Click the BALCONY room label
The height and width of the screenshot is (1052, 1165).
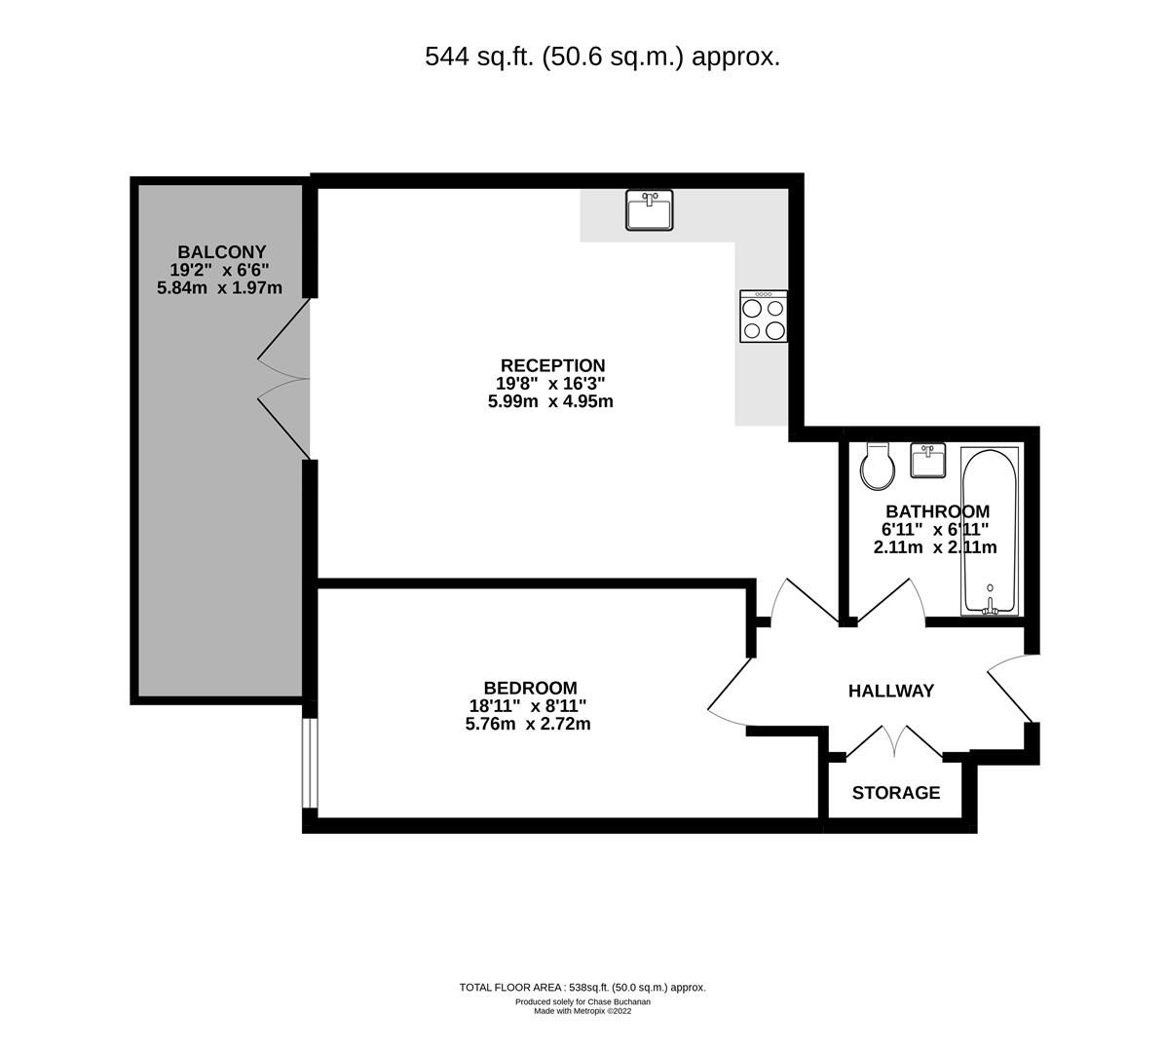pos(221,251)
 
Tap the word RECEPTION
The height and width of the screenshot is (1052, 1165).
pos(552,366)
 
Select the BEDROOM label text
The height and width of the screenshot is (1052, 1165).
pos(530,688)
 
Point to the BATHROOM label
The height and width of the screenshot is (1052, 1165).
pos(937,511)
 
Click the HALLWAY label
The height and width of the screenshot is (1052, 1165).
pos(890,691)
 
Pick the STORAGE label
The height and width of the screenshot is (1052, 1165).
pos(895,793)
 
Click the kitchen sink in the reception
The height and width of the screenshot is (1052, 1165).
pos(649,210)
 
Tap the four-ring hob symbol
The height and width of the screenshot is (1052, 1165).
pos(764,317)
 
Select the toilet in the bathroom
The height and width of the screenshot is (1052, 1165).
pos(878,468)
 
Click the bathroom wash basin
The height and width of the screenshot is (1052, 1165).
pos(928,460)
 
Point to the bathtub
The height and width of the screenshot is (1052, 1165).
pos(990,531)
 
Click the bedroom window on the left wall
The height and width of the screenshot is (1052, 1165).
pos(308,764)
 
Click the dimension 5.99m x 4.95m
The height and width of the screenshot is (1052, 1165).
pos(550,401)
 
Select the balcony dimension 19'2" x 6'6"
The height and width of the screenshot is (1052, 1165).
pos(220,270)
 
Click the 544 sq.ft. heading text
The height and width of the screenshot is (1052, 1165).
pos(602,56)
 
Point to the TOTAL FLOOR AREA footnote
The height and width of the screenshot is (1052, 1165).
pos(582,987)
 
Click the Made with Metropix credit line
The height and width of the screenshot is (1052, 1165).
pos(582,1011)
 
